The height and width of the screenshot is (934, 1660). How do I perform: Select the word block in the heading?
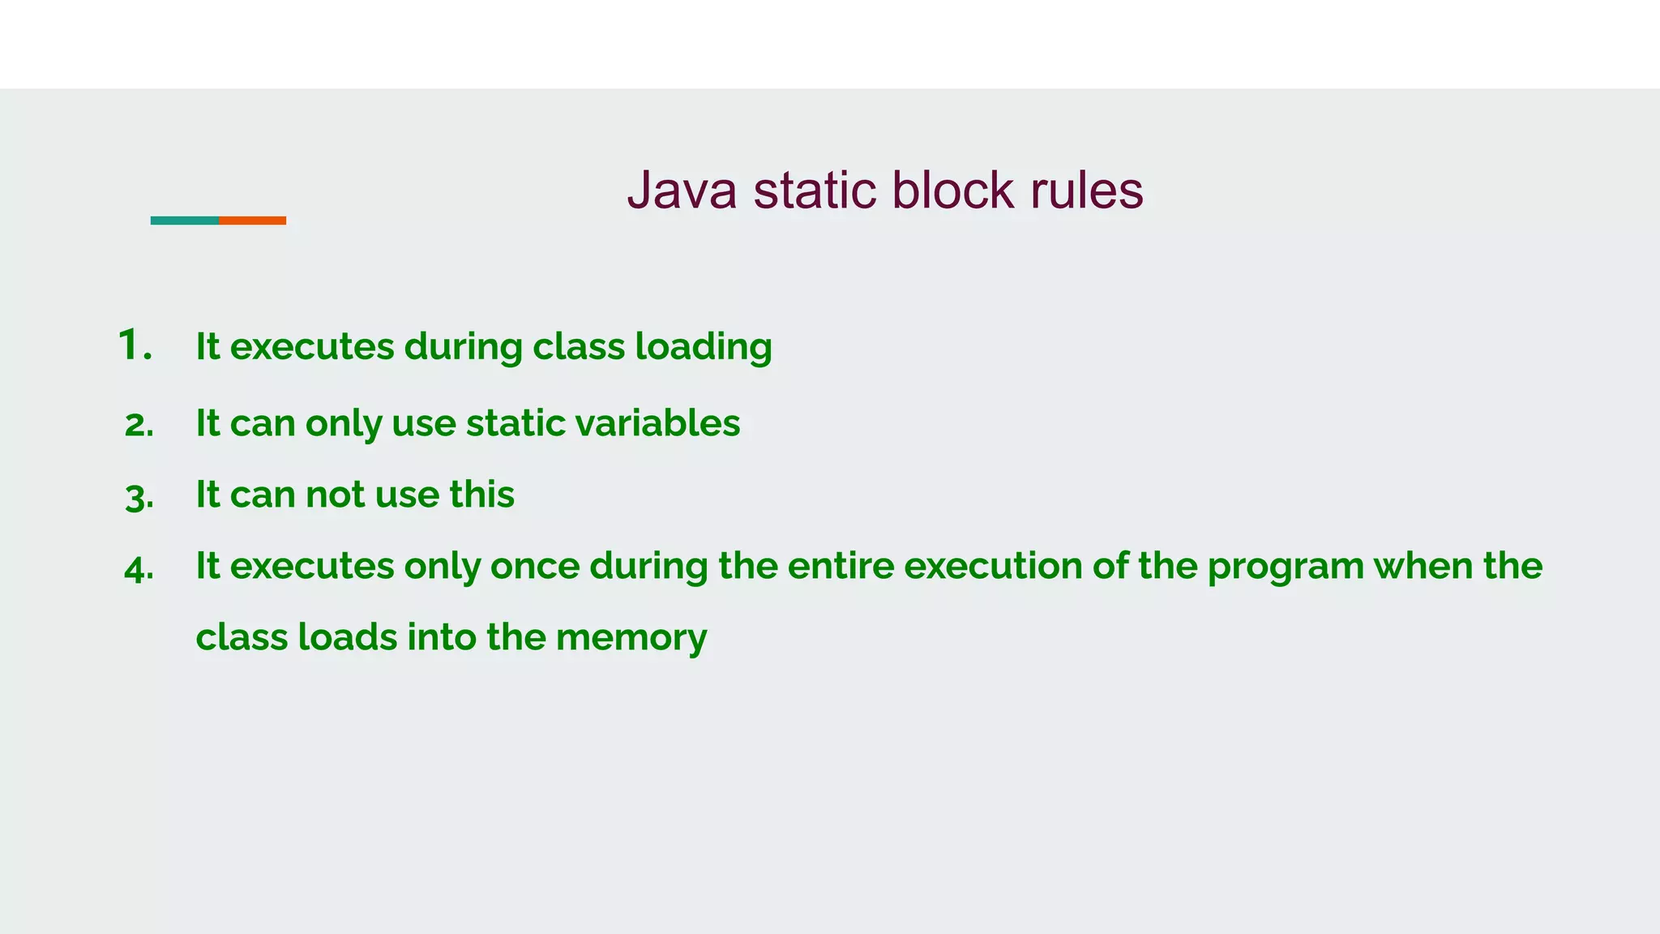coord(952,191)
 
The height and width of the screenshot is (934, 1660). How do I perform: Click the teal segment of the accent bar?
coord(184,221)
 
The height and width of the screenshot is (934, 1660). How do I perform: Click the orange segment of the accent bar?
coord(252,221)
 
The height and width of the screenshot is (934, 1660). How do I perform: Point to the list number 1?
coord(135,345)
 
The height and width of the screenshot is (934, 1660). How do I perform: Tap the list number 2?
coord(139,425)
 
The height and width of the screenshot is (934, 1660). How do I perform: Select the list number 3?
coord(139,496)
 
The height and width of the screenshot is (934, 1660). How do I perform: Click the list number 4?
coord(139,568)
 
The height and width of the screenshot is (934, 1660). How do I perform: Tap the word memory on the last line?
coord(631,637)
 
